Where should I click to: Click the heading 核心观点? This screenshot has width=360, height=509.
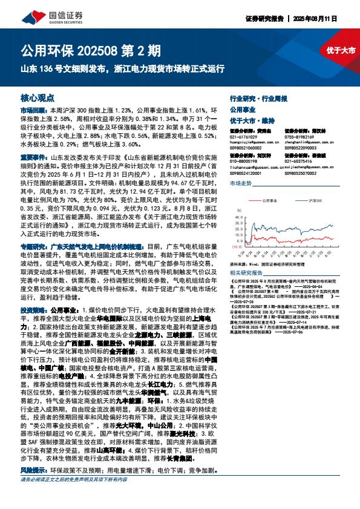(x=38, y=97)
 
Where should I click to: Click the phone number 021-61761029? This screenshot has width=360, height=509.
(x=243, y=137)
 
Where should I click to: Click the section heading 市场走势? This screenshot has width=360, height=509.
(x=240, y=182)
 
